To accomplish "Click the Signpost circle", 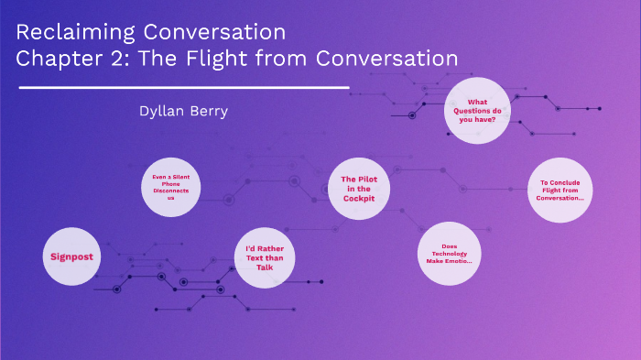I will tap(73, 256).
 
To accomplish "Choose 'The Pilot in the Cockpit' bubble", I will tap(359, 189).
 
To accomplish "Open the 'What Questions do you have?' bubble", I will tap(476, 111).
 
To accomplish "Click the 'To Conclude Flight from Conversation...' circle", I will tap(560, 190).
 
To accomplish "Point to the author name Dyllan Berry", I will tap(183, 111).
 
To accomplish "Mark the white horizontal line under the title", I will tap(183, 88).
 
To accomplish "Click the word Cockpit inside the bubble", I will tap(359, 198).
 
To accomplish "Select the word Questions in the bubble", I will tap(476, 111).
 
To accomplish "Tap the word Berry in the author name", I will tap(208, 111).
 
